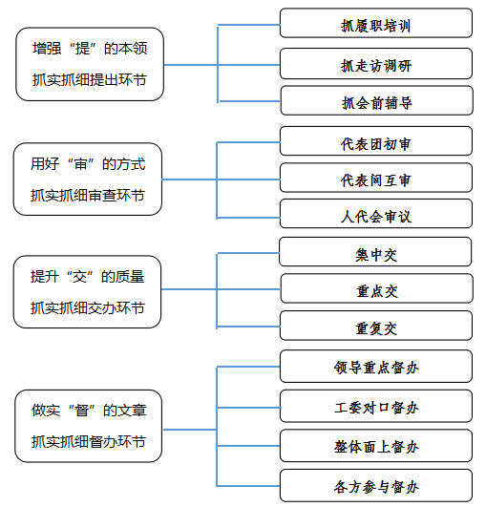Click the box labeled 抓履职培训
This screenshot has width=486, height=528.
[x=376, y=23]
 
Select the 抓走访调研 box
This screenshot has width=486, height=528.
[x=376, y=64]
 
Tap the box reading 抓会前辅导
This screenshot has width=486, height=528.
[x=376, y=100]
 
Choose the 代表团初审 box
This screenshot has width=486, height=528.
[x=376, y=140]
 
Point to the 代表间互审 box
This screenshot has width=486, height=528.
[x=376, y=178]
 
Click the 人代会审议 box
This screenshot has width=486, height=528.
[x=376, y=214]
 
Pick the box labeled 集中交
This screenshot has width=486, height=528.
[x=375, y=251]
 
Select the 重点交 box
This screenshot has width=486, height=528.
[x=376, y=288]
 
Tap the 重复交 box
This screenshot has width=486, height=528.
[x=376, y=326]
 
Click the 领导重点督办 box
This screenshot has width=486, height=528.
[x=376, y=366]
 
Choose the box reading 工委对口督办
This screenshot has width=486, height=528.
[x=376, y=406]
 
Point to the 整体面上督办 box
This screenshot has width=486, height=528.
[x=376, y=446]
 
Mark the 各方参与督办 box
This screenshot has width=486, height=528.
[x=376, y=485]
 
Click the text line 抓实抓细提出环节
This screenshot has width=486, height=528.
[x=90, y=80]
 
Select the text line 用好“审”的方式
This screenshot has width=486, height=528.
[x=88, y=164]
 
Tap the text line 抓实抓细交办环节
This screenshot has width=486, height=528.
[x=88, y=307]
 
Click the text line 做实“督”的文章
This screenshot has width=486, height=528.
[x=89, y=411]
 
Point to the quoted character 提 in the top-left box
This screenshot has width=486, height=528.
[x=82, y=49]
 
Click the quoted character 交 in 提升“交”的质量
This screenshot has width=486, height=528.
[x=80, y=277]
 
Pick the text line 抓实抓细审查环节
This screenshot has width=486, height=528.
[x=88, y=196]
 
